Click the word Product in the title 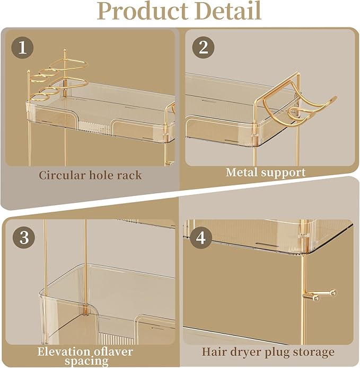(x=139, y=11)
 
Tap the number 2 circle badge (x=203, y=48)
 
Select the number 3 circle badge (x=23, y=237)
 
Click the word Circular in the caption (x=60, y=175)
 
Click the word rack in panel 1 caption (x=128, y=175)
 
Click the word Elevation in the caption (x=64, y=351)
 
